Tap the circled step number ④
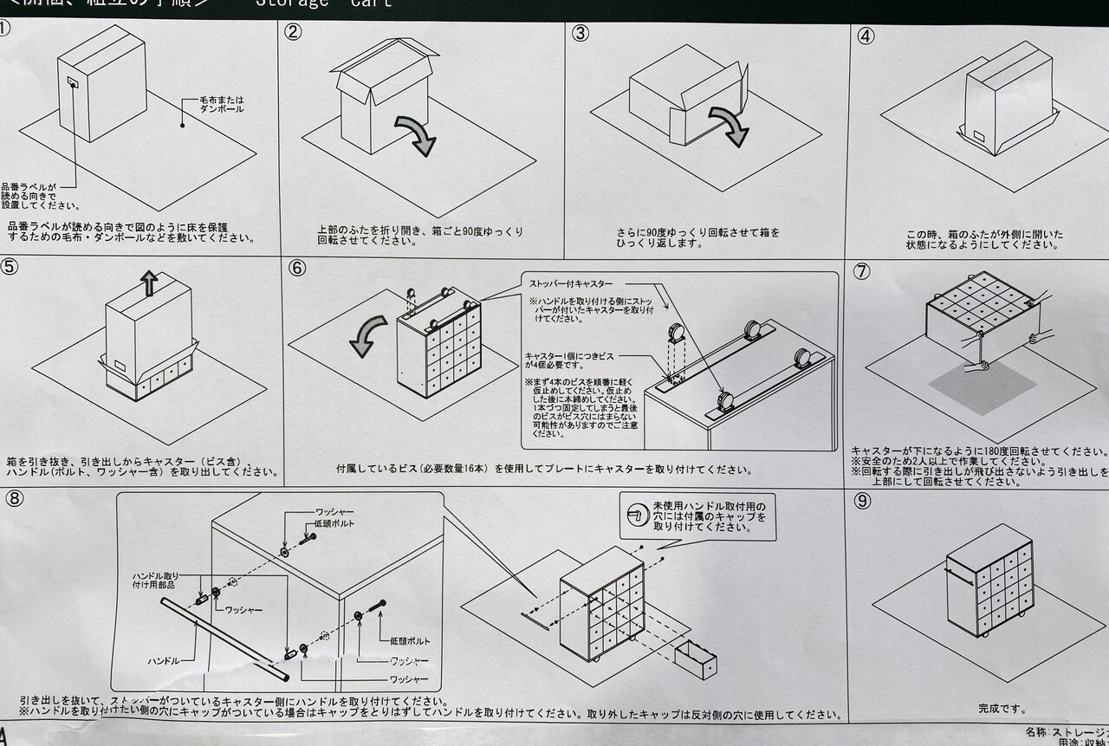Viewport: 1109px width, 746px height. point(866,36)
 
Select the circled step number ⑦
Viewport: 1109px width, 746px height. point(861,270)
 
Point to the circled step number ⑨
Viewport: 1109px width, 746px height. point(862,502)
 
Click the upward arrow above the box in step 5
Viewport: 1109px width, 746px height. point(149,282)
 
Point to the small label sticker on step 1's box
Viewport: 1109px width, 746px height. point(73,82)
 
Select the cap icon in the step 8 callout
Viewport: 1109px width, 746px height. point(637,514)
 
